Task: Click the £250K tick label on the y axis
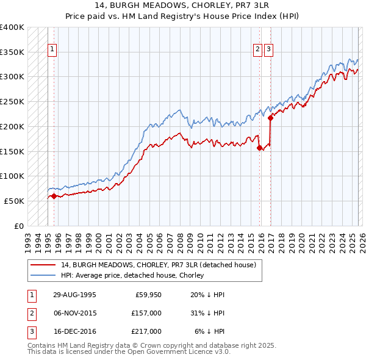tap(12, 102)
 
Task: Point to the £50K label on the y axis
tap(14, 201)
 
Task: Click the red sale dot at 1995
tap(54, 196)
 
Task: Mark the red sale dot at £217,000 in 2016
tap(270, 118)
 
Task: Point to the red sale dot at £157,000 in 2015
tap(259, 148)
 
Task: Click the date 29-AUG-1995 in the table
tap(74, 294)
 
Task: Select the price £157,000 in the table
tap(146, 313)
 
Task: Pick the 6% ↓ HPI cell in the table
tap(209, 331)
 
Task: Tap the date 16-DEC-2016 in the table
tap(74, 331)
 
